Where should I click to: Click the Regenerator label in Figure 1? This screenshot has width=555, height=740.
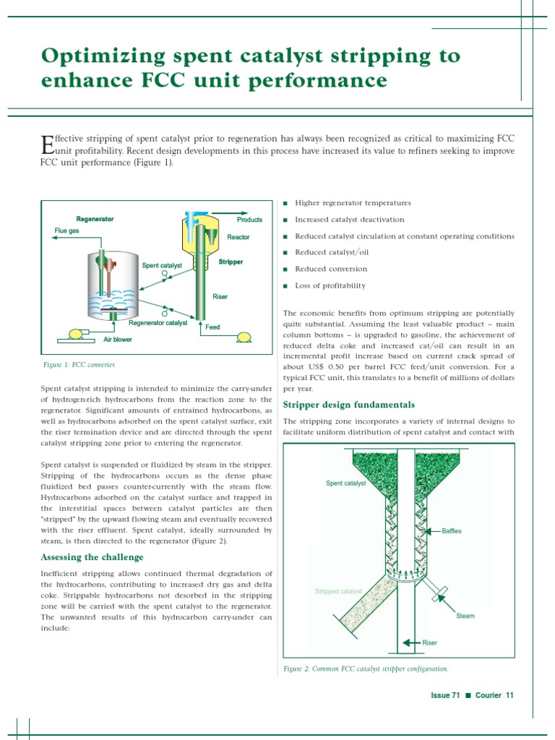(95, 219)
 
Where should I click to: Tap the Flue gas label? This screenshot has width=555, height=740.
(66, 231)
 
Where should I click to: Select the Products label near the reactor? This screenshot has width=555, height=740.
(249, 220)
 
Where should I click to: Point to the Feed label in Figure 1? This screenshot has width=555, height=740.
(212, 327)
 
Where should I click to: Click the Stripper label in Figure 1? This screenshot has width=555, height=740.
(231, 262)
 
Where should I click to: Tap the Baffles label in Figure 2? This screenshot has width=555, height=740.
(451, 531)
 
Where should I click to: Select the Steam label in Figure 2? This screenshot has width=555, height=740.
(465, 616)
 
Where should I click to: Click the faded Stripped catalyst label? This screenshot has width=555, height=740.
(338, 591)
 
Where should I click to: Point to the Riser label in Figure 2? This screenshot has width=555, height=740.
(429, 642)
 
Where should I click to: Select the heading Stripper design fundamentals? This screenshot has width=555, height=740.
(348, 405)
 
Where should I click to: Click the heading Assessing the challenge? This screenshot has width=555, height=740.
(92, 557)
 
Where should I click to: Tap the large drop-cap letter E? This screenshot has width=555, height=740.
(47, 144)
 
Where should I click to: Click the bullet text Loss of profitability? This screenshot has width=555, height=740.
(330, 285)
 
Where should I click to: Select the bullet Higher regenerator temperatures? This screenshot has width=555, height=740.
(353, 203)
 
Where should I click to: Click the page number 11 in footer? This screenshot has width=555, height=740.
(509, 695)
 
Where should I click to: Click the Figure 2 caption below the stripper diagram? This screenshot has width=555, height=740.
(365, 669)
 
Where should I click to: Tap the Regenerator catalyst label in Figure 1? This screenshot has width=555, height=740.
(158, 323)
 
